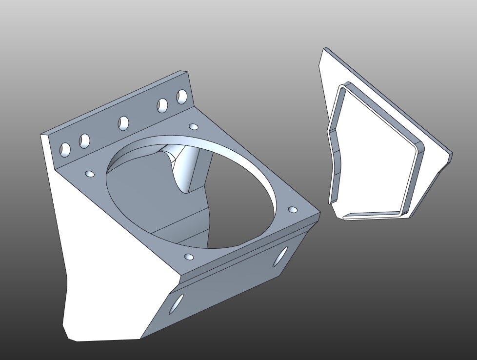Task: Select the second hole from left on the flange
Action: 85,141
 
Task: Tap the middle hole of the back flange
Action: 123,122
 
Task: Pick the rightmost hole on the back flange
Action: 182,96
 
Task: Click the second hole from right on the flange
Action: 162,105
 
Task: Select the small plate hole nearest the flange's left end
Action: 90,173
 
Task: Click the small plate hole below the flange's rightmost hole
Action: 194,127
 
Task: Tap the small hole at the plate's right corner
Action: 293,210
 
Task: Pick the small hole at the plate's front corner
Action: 189,256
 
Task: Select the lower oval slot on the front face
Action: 177,303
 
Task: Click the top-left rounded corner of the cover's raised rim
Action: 343,86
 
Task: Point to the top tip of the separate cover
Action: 325,49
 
